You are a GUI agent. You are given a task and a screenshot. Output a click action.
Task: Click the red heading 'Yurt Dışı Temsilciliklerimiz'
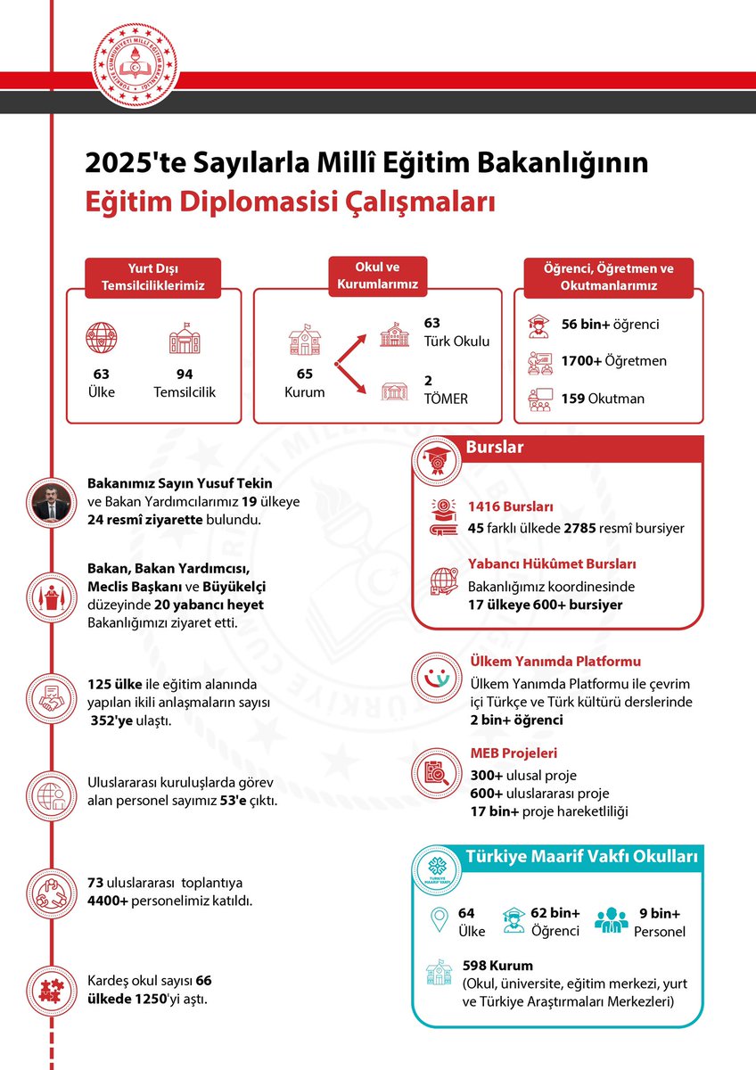(x=153, y=277)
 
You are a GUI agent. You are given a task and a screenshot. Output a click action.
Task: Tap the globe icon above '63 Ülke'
(x=101, y=338)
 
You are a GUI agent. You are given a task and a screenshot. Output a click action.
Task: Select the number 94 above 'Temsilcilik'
(x=185, y=374)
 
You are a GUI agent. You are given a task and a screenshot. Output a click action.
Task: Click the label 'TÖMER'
(x=446, y=399)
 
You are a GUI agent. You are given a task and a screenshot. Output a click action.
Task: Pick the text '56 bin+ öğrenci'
(x=610, y=325)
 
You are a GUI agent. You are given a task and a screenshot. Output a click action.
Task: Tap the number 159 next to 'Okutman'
(x=572, y=398)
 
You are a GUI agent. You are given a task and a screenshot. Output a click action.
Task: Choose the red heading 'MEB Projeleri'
(x=514, y=753)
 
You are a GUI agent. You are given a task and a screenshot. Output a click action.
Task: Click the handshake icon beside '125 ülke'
(x=53, y=696)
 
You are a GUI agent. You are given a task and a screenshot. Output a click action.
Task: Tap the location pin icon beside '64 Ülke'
(x=437, y=919)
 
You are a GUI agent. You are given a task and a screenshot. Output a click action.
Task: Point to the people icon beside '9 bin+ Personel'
(x=612, y=919)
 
